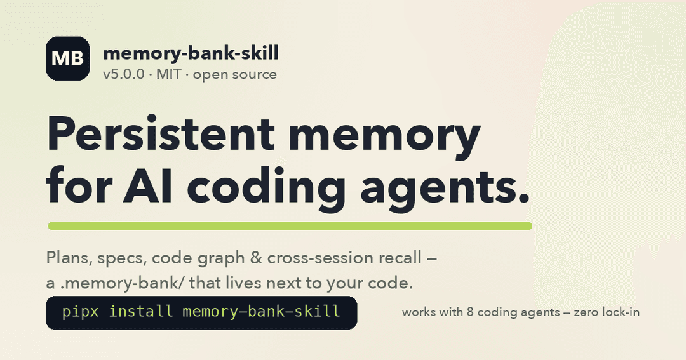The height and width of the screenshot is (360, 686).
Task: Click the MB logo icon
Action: point(68,58)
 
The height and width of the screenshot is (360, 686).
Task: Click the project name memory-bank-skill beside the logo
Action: point(191,53)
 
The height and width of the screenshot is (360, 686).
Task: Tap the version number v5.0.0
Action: point(123,74)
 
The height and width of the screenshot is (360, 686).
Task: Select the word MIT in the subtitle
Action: point(168,74)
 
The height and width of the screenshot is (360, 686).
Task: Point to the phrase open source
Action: point(235,75)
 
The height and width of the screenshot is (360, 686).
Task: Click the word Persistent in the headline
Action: point(161,133)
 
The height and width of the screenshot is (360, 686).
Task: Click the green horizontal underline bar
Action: point(290,226)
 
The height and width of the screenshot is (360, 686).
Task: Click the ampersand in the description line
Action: point(256,258)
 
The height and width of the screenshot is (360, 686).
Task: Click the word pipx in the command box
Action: point(81,312)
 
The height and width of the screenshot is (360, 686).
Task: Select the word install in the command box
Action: point(141,312)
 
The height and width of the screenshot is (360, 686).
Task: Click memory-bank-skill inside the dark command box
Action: point(261,312)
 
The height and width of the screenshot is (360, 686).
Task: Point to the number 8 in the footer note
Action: point(470,312)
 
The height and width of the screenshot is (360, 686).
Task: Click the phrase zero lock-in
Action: point(607,312)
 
